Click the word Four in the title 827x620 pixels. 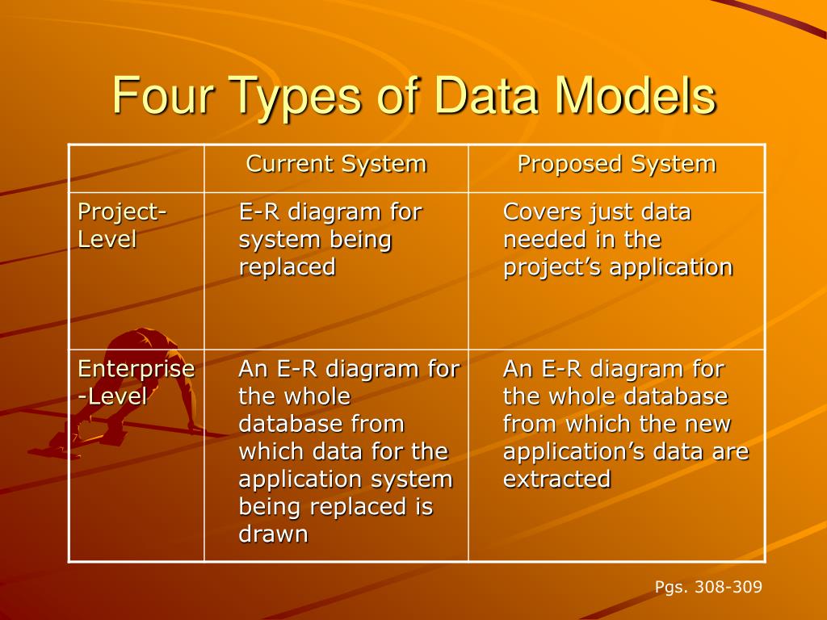[x=157, y=95]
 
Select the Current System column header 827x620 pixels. [x=336, y=165]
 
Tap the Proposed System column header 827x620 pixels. [x=616, y=165]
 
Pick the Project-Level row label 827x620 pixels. [x=121, y=226]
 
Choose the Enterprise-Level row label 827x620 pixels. [x=135, y=383]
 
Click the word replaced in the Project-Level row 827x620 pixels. [x=287, y=267]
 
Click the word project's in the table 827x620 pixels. [x=553, y=267]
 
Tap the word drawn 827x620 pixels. [x=273, y=534]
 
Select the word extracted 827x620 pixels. [x=556, y=480]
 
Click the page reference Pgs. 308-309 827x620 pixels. [x=708, y=587]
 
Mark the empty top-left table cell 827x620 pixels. [x=136, y=168]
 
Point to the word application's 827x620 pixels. [x=565, y=452]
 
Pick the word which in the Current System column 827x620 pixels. [x=267, y=452]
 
